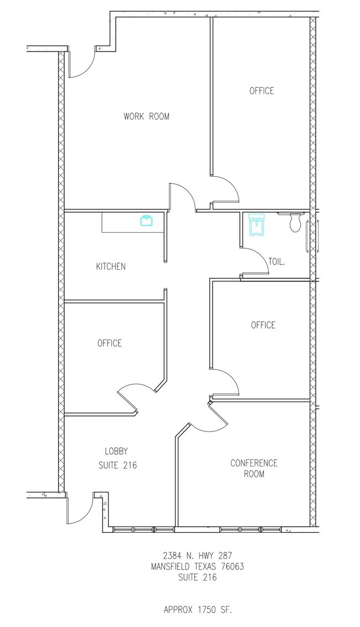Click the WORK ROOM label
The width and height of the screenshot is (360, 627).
(146, 116)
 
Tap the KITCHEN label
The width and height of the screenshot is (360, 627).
(111, 266)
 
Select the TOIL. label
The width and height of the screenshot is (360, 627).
(277, 262)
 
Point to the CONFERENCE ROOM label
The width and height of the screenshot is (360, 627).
(254, 468)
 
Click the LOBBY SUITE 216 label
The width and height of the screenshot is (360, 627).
(117, 458)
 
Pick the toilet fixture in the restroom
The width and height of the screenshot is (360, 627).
(295, 223)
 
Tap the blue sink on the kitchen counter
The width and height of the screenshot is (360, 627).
(147, 220)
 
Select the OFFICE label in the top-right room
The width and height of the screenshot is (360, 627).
(262, 91)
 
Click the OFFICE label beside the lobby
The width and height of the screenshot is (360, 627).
(110, 343)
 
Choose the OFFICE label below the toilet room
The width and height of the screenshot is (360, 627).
(263, 325)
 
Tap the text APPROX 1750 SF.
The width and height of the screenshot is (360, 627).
(198, 610)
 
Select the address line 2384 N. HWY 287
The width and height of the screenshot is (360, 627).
(198, 556)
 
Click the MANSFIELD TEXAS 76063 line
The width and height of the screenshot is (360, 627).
(198, 566)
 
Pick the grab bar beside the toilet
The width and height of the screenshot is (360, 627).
(307, 237)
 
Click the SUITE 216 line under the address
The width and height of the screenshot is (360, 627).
(198, 577)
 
